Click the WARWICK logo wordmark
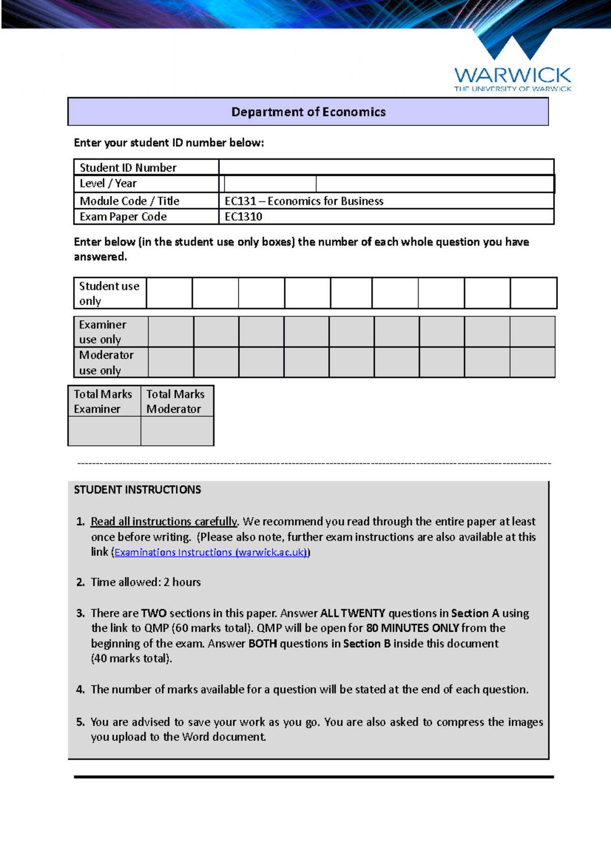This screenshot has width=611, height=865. [x=512, y=76]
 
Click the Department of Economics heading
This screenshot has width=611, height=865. [x=308, y=112]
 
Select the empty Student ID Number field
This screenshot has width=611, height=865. [x=386, y=167]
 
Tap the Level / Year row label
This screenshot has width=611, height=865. [x=108, y=183]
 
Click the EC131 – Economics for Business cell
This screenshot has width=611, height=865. [x=304, y=201]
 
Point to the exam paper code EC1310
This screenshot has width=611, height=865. [x=243, y=217]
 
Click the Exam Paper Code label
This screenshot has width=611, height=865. [x=123, y=217]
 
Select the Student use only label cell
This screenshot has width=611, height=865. [x=109, y=293]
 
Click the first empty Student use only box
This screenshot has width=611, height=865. [x=169, y=293]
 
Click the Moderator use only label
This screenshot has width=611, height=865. [x=106, y=362]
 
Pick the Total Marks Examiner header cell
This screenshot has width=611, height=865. [x=103, y=401]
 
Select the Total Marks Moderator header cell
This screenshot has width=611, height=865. [x=176, y=401]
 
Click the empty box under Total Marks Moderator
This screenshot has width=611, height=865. [x=177, y=431]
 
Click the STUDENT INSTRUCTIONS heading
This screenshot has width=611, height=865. [x=137, y=490]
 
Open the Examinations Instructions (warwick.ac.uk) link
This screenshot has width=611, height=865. [x=211, y=552]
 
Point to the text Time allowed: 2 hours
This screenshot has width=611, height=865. [x=146, y=582]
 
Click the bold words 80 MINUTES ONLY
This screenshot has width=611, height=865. [x=412, y=628]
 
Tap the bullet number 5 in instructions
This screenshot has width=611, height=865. [x=80, y=722]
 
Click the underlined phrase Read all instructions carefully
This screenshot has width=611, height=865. [x=163, y=522]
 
